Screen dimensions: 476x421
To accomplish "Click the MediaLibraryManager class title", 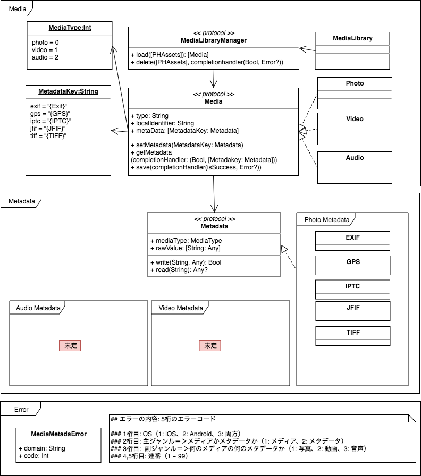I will click(214, 40).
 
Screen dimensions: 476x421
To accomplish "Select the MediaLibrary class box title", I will click(352, 38).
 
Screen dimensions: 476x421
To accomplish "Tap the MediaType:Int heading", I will click(70, 28).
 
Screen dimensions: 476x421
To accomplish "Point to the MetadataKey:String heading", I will click(68, 91).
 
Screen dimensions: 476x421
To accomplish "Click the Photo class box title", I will click(355, 83).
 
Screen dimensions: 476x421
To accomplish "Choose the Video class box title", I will click(355, 119).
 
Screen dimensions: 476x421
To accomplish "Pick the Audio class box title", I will click(355, 158).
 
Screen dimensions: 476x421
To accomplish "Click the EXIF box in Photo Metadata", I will click(352, 237).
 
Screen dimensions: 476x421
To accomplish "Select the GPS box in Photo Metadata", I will click(352, 261).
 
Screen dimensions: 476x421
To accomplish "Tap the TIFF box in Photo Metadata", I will click(352, 332).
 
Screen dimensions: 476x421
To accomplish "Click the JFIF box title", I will click(352, 307).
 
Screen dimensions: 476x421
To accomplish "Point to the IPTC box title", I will click(352, 286).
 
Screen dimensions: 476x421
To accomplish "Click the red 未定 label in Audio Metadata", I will click(70, 345).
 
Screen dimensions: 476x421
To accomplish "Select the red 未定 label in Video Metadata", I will click(210, 345).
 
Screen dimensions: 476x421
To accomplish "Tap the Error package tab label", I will click(22, 410).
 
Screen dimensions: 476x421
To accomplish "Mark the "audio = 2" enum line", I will click(45, 57).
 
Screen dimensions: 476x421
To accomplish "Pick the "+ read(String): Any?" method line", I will click(179, 269).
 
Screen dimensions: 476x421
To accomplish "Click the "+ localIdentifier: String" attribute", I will click(162, 123).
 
